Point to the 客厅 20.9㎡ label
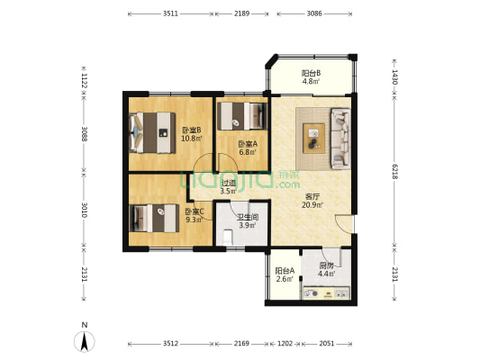312,201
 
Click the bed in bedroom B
152,132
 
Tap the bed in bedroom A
240,116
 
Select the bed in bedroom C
154,218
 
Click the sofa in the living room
340,139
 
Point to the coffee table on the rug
313,139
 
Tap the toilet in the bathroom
228,237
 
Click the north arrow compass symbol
85,340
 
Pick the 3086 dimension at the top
314,13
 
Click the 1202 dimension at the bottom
285,344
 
